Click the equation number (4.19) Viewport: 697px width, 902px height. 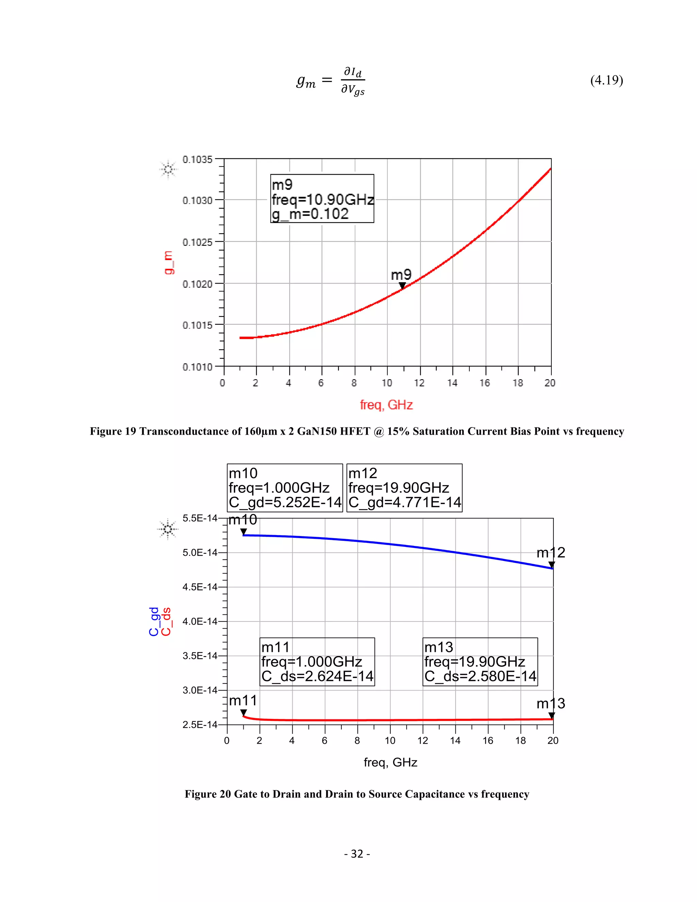606,80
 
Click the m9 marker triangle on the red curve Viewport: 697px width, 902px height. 402,285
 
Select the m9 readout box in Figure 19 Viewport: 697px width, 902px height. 322,199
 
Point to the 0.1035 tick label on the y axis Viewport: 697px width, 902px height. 197,159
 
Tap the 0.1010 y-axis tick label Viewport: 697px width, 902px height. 197,367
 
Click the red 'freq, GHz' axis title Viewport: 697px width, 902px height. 386,405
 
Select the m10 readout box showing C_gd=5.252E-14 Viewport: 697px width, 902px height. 285,488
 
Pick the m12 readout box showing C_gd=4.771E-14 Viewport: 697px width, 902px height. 404,488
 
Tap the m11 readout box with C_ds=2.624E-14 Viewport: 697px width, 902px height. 317,662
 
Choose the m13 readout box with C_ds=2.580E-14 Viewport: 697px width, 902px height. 480,662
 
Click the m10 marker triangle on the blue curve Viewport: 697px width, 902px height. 244,532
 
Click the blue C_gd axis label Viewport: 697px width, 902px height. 153,622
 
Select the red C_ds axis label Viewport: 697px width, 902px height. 166,622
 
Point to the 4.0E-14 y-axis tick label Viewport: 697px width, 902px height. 199,622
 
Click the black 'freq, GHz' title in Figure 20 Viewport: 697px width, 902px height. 390,762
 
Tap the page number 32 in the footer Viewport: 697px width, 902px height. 357,854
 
